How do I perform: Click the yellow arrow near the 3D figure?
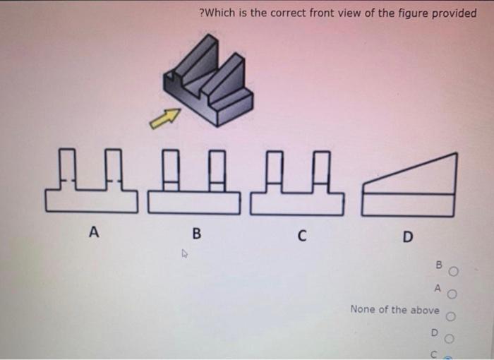[164, 119]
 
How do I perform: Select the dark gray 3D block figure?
[210, 81]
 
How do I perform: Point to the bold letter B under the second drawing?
[196, 233]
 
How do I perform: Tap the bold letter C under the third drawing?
[301, 235]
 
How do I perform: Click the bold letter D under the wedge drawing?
[407, 236]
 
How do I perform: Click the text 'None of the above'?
[394, 310]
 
